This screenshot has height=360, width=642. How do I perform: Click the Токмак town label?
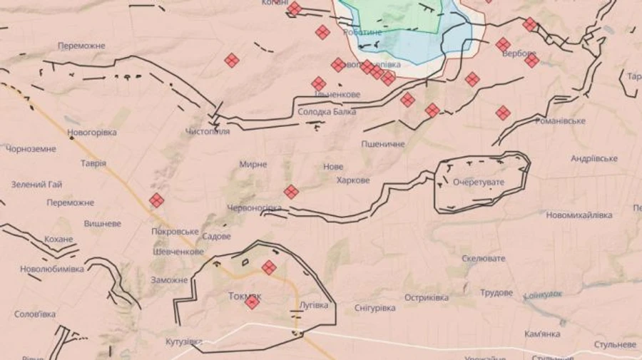245,295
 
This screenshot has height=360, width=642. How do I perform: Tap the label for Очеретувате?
478,182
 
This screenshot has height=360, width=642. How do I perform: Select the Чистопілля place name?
208,132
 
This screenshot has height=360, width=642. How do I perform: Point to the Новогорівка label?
91,133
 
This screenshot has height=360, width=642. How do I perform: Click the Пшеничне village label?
383,144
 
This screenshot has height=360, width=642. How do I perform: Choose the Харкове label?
353,180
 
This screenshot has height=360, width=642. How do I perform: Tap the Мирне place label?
253,164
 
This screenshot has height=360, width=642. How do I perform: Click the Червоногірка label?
254,207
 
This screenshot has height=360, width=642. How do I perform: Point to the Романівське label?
561,121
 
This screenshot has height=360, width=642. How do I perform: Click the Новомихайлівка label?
579,215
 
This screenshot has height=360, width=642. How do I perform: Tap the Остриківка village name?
427,297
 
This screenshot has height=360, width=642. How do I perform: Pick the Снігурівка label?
374,308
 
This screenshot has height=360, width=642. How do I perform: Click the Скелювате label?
483,258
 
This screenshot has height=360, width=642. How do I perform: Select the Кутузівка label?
184,342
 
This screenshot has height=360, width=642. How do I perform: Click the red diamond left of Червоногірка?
291,192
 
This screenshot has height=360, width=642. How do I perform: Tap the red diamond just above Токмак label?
269,267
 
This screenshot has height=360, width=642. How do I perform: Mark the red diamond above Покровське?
156,200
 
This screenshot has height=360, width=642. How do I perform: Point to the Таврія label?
93,163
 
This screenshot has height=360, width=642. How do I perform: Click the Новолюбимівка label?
52,269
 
